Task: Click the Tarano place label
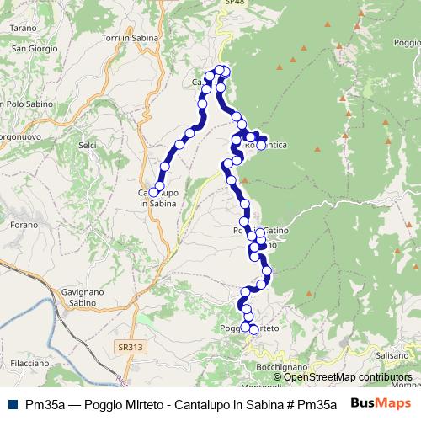point(23,28)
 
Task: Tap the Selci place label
point(87,146)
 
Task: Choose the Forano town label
point(24,225)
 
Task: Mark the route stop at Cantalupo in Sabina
point(153,193)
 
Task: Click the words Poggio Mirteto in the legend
point(104,403)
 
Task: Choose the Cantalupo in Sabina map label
point(159,197)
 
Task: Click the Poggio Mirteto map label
point(249,328)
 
